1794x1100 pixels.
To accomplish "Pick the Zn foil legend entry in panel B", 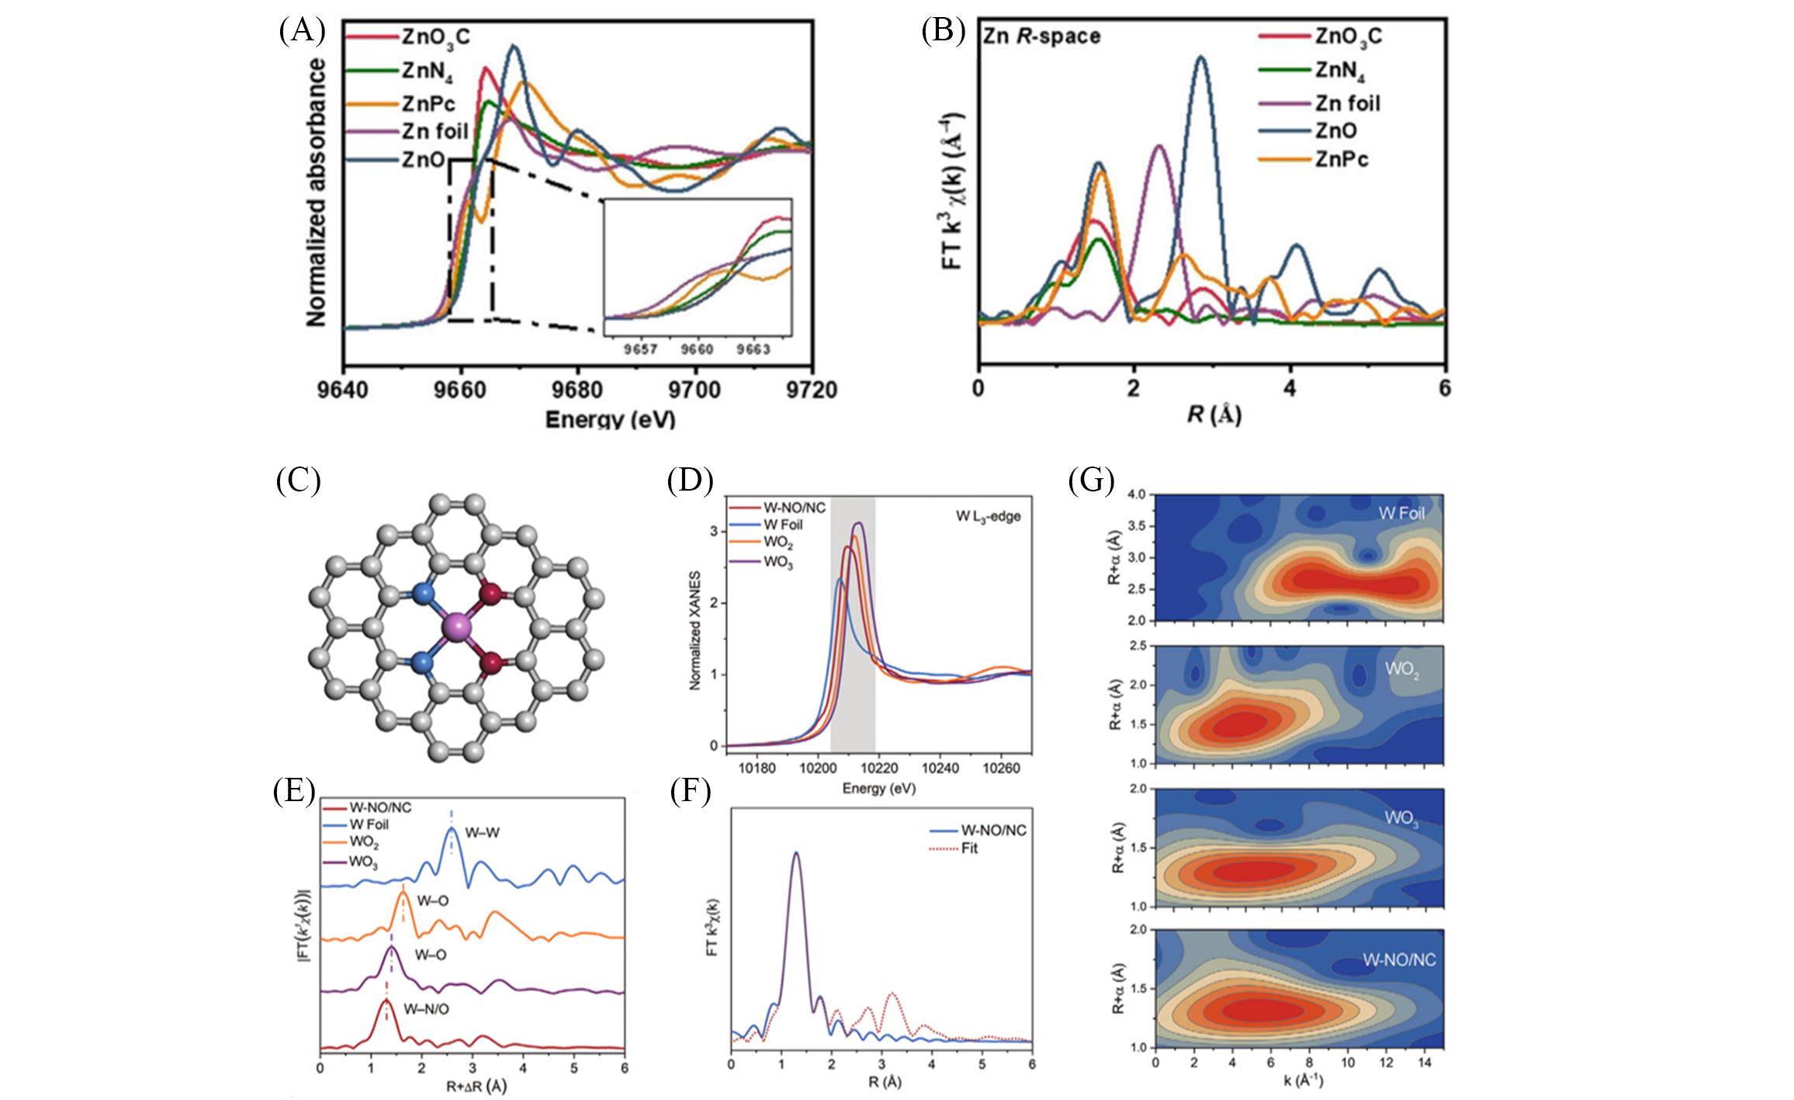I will pyautogui.click(x=1347, y=102).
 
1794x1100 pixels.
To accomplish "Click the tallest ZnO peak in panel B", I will pyautogui.click(x=1202, y=57).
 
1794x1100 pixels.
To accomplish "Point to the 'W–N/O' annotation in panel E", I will pyautogui.click(x=425, y=1010).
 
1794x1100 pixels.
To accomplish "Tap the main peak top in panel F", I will pyautogui.click(x=795, y=853).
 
